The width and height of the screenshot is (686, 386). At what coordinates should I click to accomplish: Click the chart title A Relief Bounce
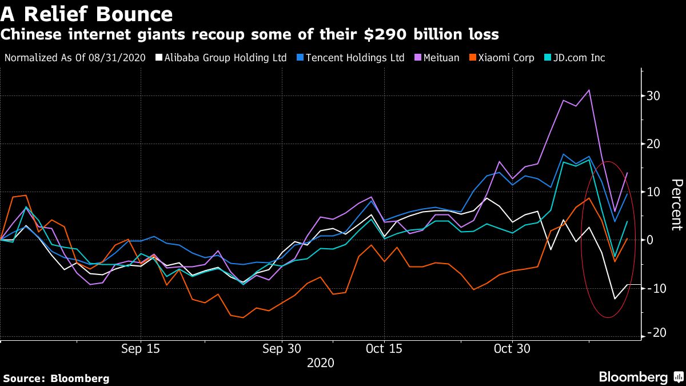click(x=86, y=13)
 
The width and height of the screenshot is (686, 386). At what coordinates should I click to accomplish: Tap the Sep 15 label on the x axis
click(x=141, y=349)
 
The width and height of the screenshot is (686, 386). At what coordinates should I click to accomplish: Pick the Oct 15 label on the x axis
click(x=384, y=349)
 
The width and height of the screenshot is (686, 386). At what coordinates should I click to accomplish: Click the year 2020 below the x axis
click(x=320, y=363)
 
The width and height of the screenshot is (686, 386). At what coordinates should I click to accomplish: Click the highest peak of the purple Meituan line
click(x=589, y=90)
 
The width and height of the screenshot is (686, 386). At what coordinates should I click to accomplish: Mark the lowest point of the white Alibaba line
click(x=615, y=299)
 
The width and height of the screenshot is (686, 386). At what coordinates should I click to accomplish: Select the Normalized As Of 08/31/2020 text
click(x=75, y=58)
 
